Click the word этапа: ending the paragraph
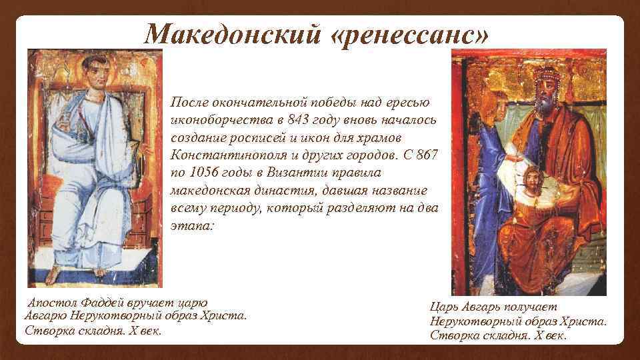coord(192,226)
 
